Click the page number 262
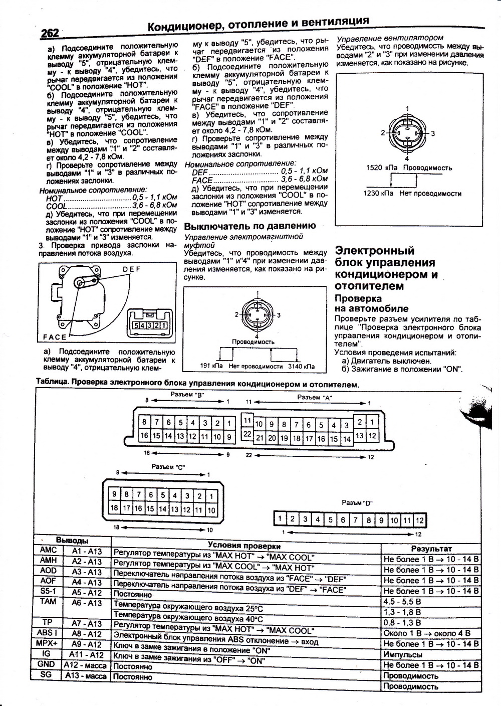click(x=50, y=33)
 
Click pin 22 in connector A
click(x=247, y=433)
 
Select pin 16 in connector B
click(x=144, y=435)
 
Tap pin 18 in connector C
click(x=114, y=507)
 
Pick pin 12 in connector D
click(x=419, y=519)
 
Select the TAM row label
click(x=49, y=601)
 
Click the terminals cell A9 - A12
click(x=86, y=644)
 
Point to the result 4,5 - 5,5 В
click(x=402, y=601)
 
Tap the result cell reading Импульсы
click(x=403, y=654)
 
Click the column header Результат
click(x=431, y=549)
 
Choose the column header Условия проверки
click(x=244, y=546)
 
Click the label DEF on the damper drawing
click(x=132, y=269)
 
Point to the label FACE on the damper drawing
click(x=55, y=336)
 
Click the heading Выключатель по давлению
click(x=250, y=226)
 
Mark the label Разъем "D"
click(x=357, y=502)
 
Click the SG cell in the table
click(x=46, y=675)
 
